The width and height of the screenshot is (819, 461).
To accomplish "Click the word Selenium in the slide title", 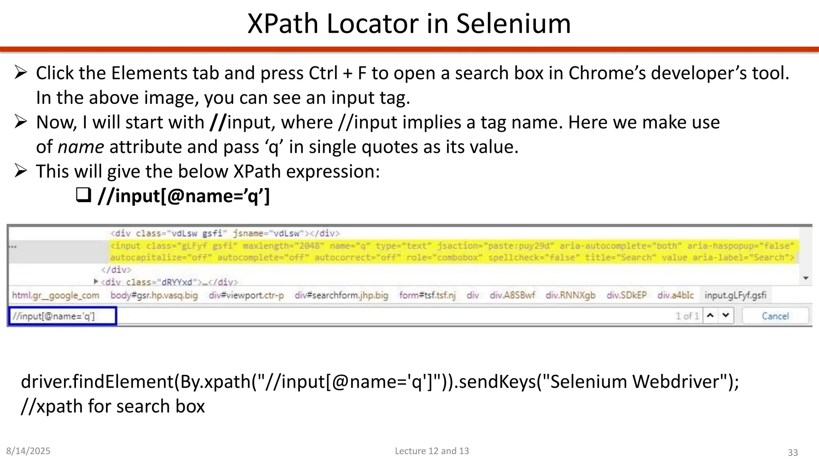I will point(513,24).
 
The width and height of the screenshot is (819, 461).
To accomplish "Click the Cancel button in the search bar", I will point(775,316).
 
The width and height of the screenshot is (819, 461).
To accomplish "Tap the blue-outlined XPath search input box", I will point(63,316).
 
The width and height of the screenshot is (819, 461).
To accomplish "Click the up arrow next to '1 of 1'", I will point(710,316).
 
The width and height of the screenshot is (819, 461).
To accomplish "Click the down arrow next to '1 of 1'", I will point(726,316).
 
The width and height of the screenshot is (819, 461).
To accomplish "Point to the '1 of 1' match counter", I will point(687,316).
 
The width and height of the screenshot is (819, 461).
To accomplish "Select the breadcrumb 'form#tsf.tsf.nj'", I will point(427,295).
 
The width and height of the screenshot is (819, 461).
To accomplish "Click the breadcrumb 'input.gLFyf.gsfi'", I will point(735,295).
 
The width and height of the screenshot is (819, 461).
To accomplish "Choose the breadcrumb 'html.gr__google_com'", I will point(56,295).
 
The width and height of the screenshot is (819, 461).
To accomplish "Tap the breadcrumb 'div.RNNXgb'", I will point(570,295).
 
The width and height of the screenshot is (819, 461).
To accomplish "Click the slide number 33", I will point(793,453).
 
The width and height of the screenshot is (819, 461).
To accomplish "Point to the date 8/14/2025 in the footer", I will point(28,451).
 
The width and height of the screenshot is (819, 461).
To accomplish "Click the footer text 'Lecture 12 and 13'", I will point(432,451).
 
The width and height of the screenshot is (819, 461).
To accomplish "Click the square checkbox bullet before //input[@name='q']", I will point(84,195).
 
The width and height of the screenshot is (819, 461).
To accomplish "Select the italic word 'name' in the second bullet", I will point(81,147).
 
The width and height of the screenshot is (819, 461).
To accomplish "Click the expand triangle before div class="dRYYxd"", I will point(96,281).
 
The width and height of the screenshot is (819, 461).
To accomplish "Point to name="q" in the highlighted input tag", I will point(350,246).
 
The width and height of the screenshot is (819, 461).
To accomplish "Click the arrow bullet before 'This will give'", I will point(20,171).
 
